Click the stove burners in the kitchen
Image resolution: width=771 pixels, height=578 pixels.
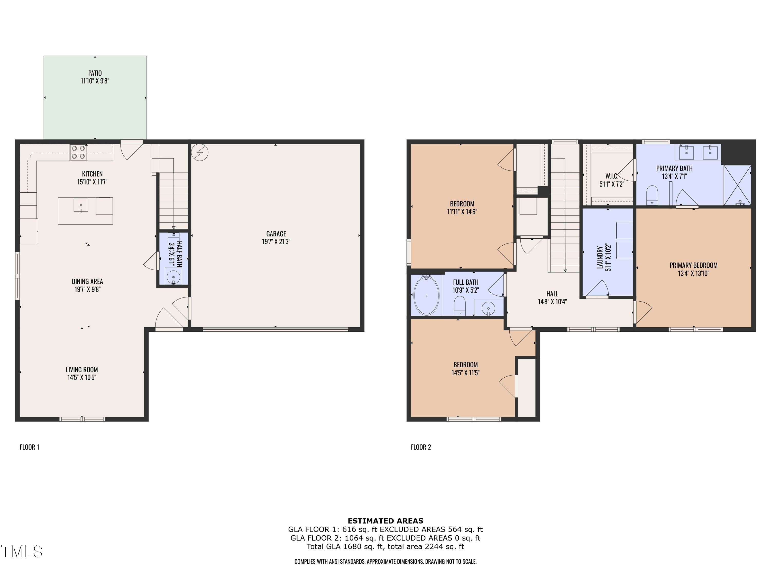click(x=78, y=152)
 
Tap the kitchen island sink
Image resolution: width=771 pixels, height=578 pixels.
click(x=81, y=206)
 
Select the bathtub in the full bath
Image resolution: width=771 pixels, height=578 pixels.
click(x=427, y=295)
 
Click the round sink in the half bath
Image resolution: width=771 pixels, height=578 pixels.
click(x=173, y=278)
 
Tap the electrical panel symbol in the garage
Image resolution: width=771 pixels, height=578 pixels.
click(x=200, y=152)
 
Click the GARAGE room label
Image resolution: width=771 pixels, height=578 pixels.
click(x=276, y=234)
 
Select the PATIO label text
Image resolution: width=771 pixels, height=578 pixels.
click(x=95, y=73)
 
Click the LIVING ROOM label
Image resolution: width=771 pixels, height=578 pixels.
click(x=82, y=370)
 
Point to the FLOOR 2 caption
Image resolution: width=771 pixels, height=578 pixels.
click(x=421, y=447)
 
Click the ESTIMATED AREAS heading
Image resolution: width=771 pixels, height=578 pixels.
click(x=385, y=521)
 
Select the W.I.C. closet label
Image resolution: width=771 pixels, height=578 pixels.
click(x=612, y=176)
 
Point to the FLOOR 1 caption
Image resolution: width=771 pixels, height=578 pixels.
click(x=30, y=447)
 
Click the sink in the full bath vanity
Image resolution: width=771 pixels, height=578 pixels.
click(x=489, y=308)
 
